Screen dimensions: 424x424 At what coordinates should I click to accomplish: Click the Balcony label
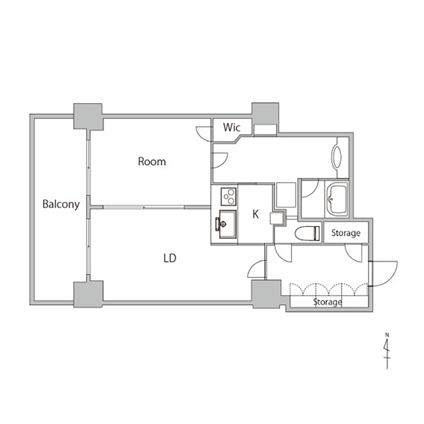[61, 204]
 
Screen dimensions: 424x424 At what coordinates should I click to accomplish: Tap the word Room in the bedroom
[152, 162]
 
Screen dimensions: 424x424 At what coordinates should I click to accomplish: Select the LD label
[170, 258]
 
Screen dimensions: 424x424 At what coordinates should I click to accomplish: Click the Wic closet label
[232, 127]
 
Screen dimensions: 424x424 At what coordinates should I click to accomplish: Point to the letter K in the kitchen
[256, 214]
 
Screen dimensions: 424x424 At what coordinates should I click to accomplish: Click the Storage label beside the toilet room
[346, 233]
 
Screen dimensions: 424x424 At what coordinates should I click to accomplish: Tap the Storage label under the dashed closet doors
[327, 302]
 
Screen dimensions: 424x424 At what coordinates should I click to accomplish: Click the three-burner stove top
[229, 197]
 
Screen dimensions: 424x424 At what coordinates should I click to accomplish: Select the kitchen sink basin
[227, 224]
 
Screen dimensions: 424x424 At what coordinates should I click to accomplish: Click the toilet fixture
[307, 233]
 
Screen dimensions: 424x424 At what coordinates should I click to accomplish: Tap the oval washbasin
[337, 157]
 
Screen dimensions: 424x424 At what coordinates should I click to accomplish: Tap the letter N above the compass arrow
[387, 335]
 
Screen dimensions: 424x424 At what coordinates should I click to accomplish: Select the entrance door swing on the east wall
[384, 273]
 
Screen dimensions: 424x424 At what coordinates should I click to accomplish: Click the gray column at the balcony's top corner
[88, 116]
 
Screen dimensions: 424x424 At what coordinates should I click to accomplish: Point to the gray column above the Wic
[265, 114]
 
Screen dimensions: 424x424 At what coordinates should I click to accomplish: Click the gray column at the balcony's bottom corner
[88, 294]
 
